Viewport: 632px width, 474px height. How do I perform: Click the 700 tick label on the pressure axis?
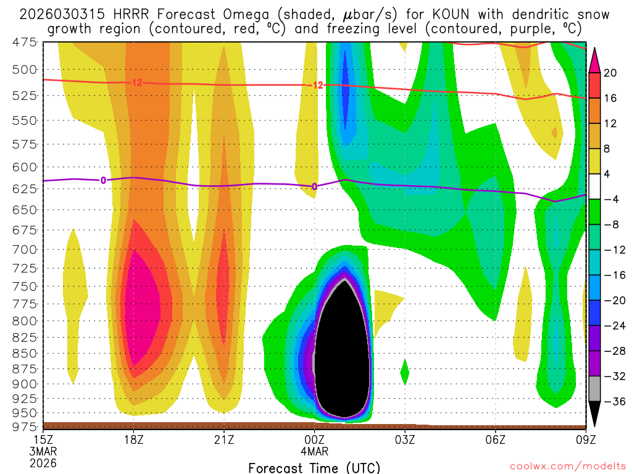[25, 249]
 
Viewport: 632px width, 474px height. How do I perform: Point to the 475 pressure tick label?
[25, 42]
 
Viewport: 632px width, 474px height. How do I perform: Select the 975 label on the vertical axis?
[25, 426]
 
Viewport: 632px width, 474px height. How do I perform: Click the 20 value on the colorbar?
[611, 73]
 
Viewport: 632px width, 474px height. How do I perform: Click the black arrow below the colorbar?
[596, 414]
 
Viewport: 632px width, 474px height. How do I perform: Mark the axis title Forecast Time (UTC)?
[314, 467]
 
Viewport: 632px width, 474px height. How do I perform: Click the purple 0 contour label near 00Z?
[314, 186]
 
